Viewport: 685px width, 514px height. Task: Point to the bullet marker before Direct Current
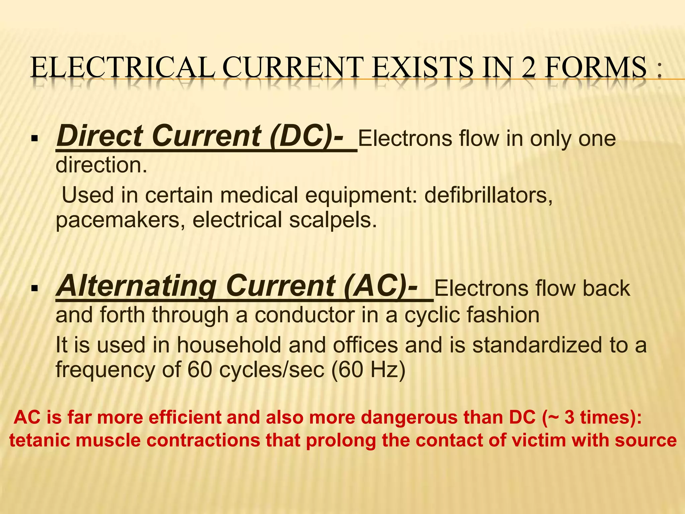[x=34, y=138]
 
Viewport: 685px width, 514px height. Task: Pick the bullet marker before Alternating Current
[x=34, y=288]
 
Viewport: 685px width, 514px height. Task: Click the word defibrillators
[x=488, y=195]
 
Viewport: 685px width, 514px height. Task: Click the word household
[x=229, y=345]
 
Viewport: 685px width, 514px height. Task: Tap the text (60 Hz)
[x=368, y=370]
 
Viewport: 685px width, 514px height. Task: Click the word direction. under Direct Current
[x=101, y=165]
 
